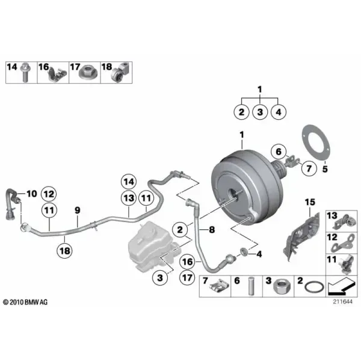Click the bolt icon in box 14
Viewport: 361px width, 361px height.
(x=24, y=72)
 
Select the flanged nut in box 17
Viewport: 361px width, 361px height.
(x=88, y=73)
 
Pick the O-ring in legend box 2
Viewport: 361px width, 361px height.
(x=315, y=288)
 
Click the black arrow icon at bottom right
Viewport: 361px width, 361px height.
(x=341, y=286)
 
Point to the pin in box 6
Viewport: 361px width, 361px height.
(x=251, y=286)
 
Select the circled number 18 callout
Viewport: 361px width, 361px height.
(x=65, y=250)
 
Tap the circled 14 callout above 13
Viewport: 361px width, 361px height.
(x=129, y=182)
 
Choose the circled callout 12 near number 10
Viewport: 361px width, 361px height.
(x=49, y=194)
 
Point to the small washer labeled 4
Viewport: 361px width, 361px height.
(x=244, y=251)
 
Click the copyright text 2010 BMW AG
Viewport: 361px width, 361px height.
(x=25, y=302)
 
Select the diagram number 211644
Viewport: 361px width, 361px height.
(x=342, y=301)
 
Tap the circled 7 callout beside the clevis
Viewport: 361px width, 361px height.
(x=309, y=168)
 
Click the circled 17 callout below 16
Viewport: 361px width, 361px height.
(x=187, y=277)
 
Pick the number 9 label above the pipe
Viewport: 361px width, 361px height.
(x=78, y=210)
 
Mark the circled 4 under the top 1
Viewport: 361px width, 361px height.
(x=279, y=112)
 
